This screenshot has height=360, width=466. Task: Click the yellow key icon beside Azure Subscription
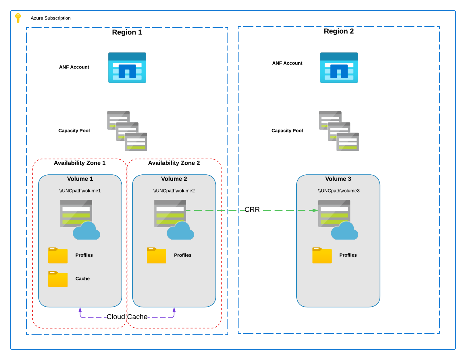(18, 18)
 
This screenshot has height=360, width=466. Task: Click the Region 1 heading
(127, 32)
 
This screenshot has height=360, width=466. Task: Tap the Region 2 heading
(339, 31)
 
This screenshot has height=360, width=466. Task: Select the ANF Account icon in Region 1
(127, 68)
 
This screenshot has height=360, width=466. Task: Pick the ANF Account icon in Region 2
(339, 68)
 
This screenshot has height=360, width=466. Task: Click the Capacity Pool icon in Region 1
(127, 131)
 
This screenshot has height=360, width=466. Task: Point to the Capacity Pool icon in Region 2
(339, 131)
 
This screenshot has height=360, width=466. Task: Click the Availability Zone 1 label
(79, 163)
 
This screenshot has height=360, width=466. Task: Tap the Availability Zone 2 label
(174, 163)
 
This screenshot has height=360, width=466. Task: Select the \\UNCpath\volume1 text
(80, 191)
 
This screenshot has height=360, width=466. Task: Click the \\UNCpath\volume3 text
(339, 191)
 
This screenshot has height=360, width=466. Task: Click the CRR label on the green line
(252, 210)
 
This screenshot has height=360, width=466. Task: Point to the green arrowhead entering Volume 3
(315, 210)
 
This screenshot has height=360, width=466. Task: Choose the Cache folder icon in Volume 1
(58, 279)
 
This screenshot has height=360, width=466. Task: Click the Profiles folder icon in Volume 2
(157, 255)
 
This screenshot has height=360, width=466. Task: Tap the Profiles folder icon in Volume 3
(322, 255)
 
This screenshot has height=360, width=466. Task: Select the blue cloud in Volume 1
(86, 231)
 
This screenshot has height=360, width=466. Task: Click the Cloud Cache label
(127, 317)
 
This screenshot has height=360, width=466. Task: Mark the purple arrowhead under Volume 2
(174, 310)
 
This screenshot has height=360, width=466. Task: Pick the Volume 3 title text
(338, 179)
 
